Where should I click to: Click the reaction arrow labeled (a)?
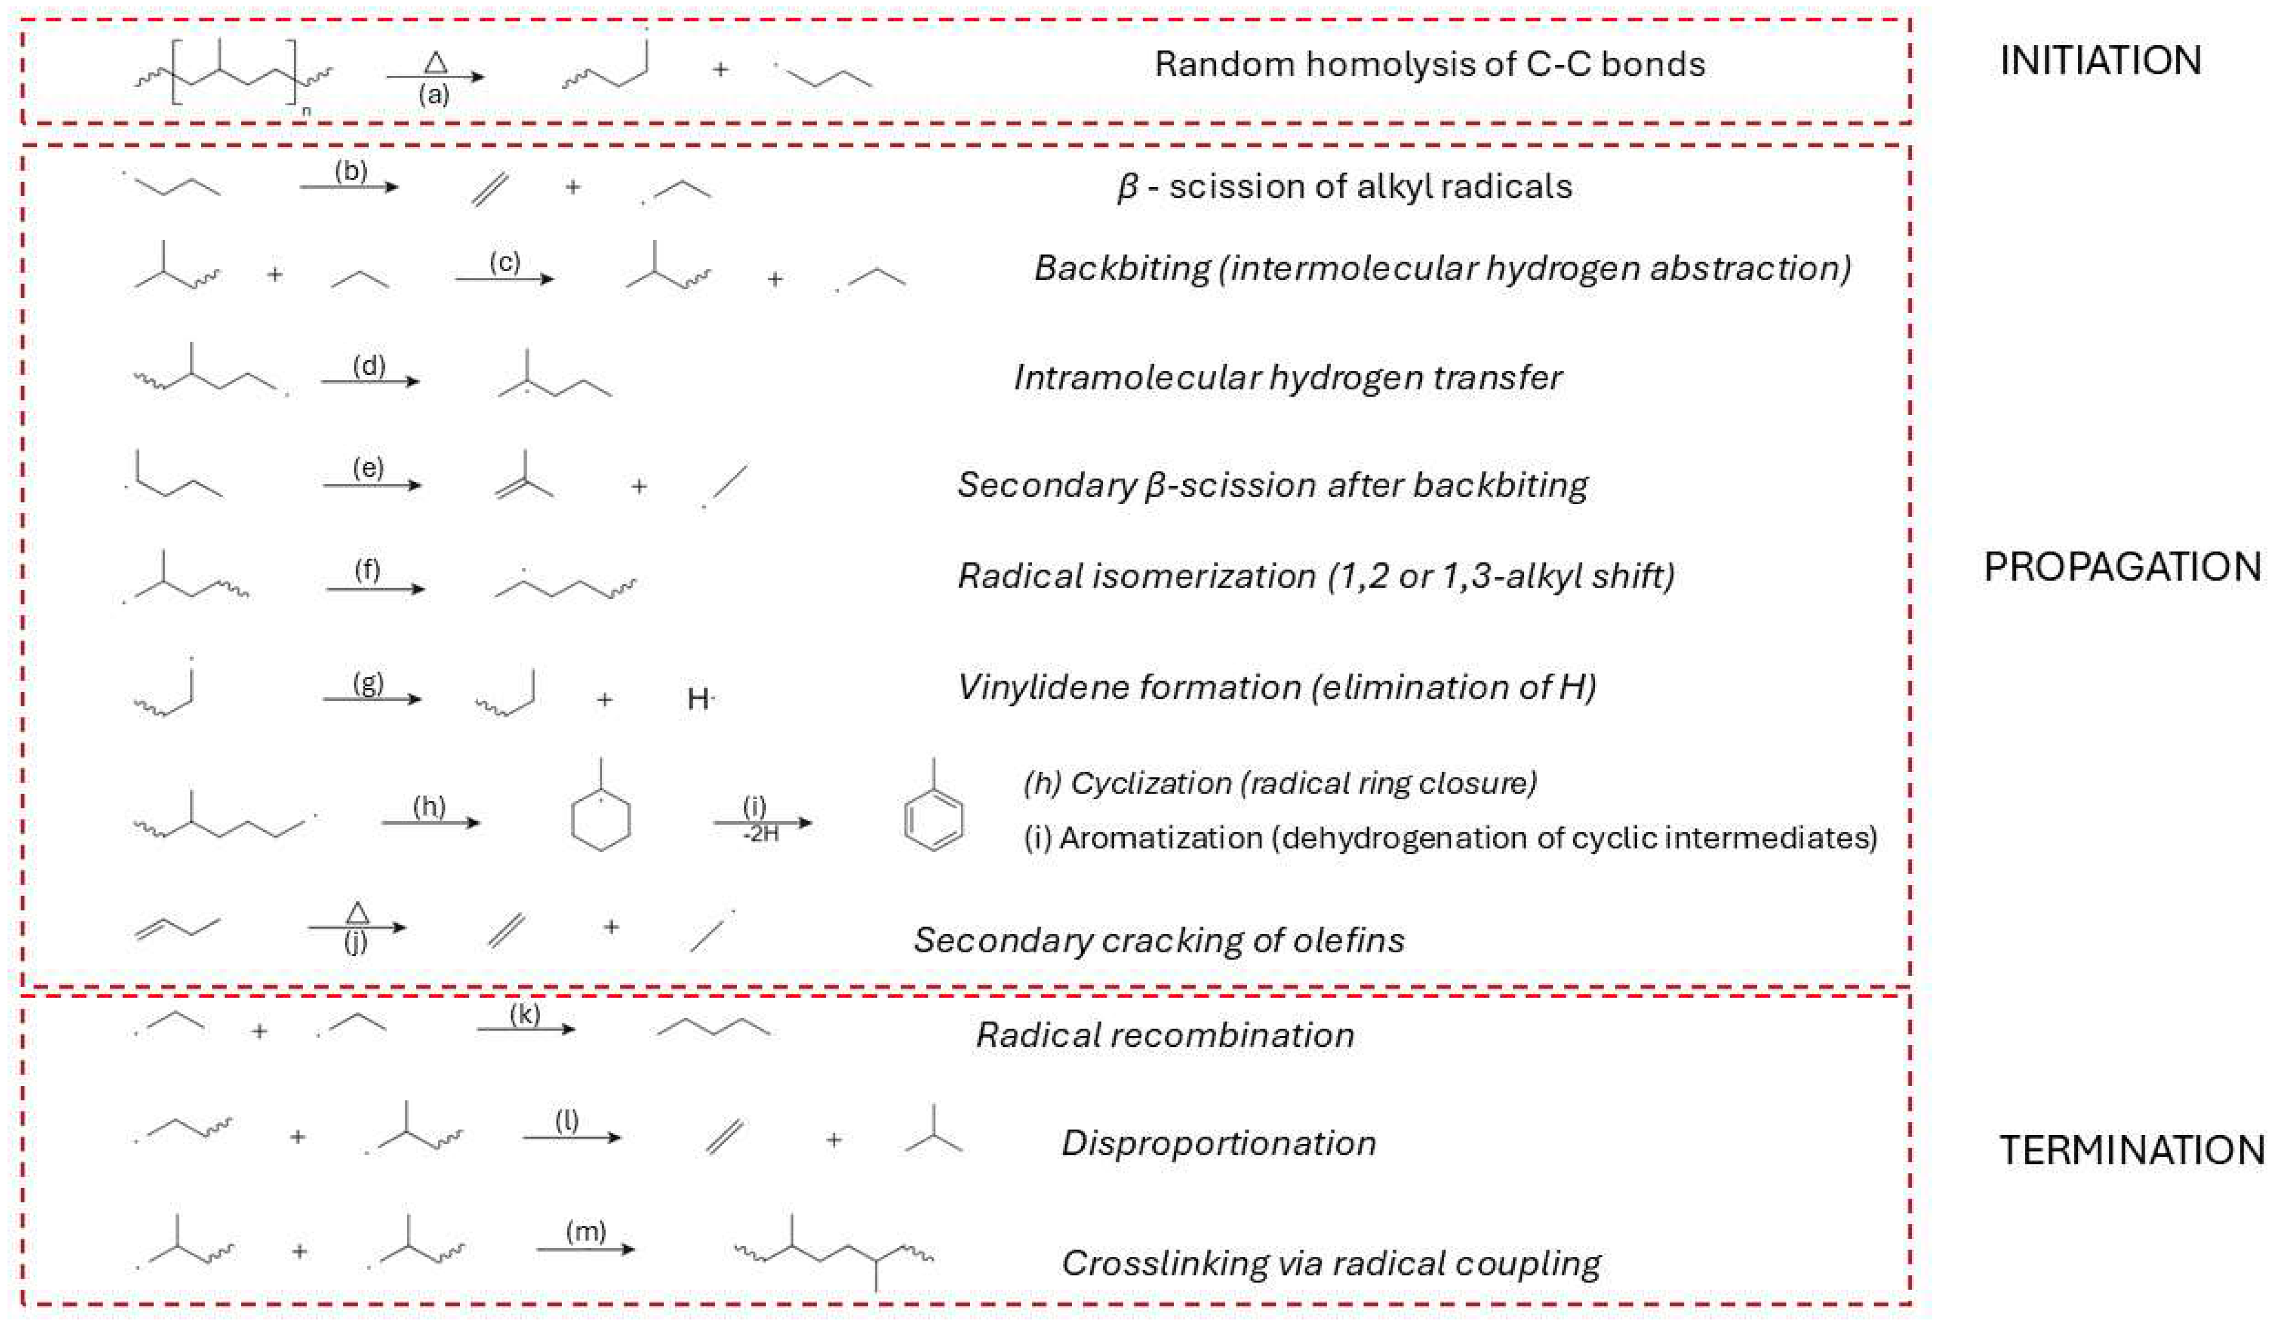pos(435,77)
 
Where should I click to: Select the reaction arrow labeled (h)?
pos(430,822)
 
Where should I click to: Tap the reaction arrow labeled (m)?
pos(586,1249)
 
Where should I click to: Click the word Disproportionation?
pos(1219,1144)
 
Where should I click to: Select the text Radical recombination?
pos(1165,1035)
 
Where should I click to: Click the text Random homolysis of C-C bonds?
pos(1429,64)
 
